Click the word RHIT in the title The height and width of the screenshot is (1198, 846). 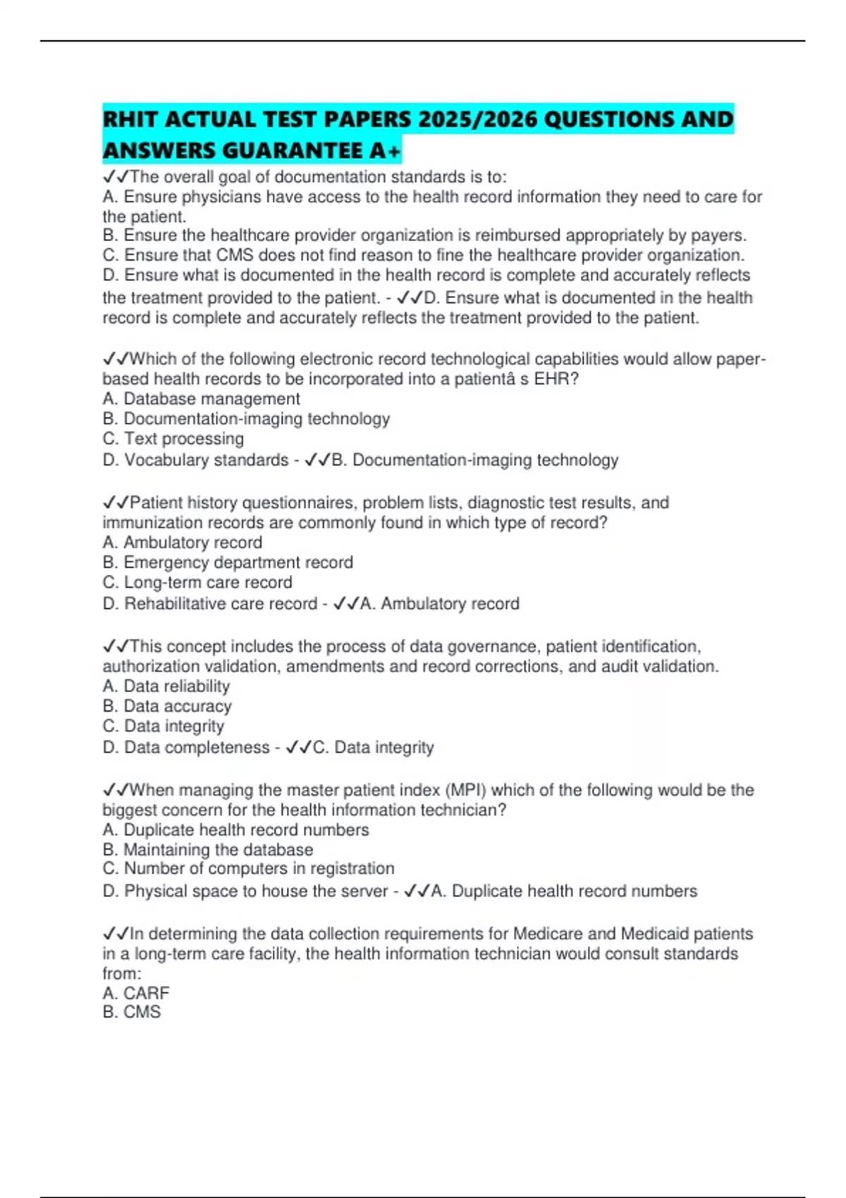[x=130, y=119]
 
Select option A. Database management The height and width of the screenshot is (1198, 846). [x=201, y=399]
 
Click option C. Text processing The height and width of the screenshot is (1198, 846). [x=173, y=438]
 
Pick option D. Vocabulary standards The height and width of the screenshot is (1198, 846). [x=195, y=460]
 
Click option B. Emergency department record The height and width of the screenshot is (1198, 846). [x=228, y=562]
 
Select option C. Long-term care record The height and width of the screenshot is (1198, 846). [x=197, y=582]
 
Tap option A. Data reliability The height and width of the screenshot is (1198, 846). [x=166, y=686]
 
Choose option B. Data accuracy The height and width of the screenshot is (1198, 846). [x=166, y=706]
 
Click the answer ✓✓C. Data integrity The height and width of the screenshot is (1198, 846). [x=360, y=748]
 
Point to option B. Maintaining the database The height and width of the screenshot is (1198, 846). [x=207, y=850]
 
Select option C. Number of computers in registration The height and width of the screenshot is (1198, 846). [x=248, y=868]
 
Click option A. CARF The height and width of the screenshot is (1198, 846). [x=135, y=993]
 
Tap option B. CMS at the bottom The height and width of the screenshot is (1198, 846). [x=131, y=1012]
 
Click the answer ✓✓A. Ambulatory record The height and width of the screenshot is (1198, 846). [x=427, y=604]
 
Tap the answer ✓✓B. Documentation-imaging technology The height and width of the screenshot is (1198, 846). [x=462, y=460]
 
